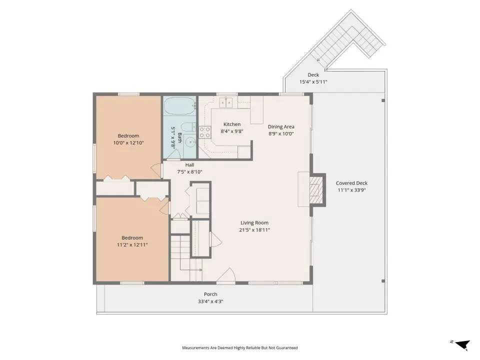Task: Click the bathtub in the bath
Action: coord(180,106)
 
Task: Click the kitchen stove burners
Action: coord(205,132)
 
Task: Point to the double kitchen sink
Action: coord(226,103)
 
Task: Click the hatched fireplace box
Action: coord(316,190)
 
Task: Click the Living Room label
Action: coord(254,223)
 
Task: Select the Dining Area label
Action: coord(281,126)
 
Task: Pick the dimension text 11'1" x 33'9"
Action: coord(351,190)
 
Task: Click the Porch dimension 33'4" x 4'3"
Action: coord(210,301)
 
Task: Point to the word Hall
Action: coord(189,165)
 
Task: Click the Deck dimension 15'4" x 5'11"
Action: coord(313,82)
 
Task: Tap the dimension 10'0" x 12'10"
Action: coord(128,143)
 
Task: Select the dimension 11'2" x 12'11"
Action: coord(132,245)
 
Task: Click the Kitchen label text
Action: coord(232,124)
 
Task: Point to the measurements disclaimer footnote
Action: coord(240,348)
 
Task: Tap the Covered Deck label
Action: coord(351,183)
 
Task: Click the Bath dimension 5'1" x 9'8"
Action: coord(173,137)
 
